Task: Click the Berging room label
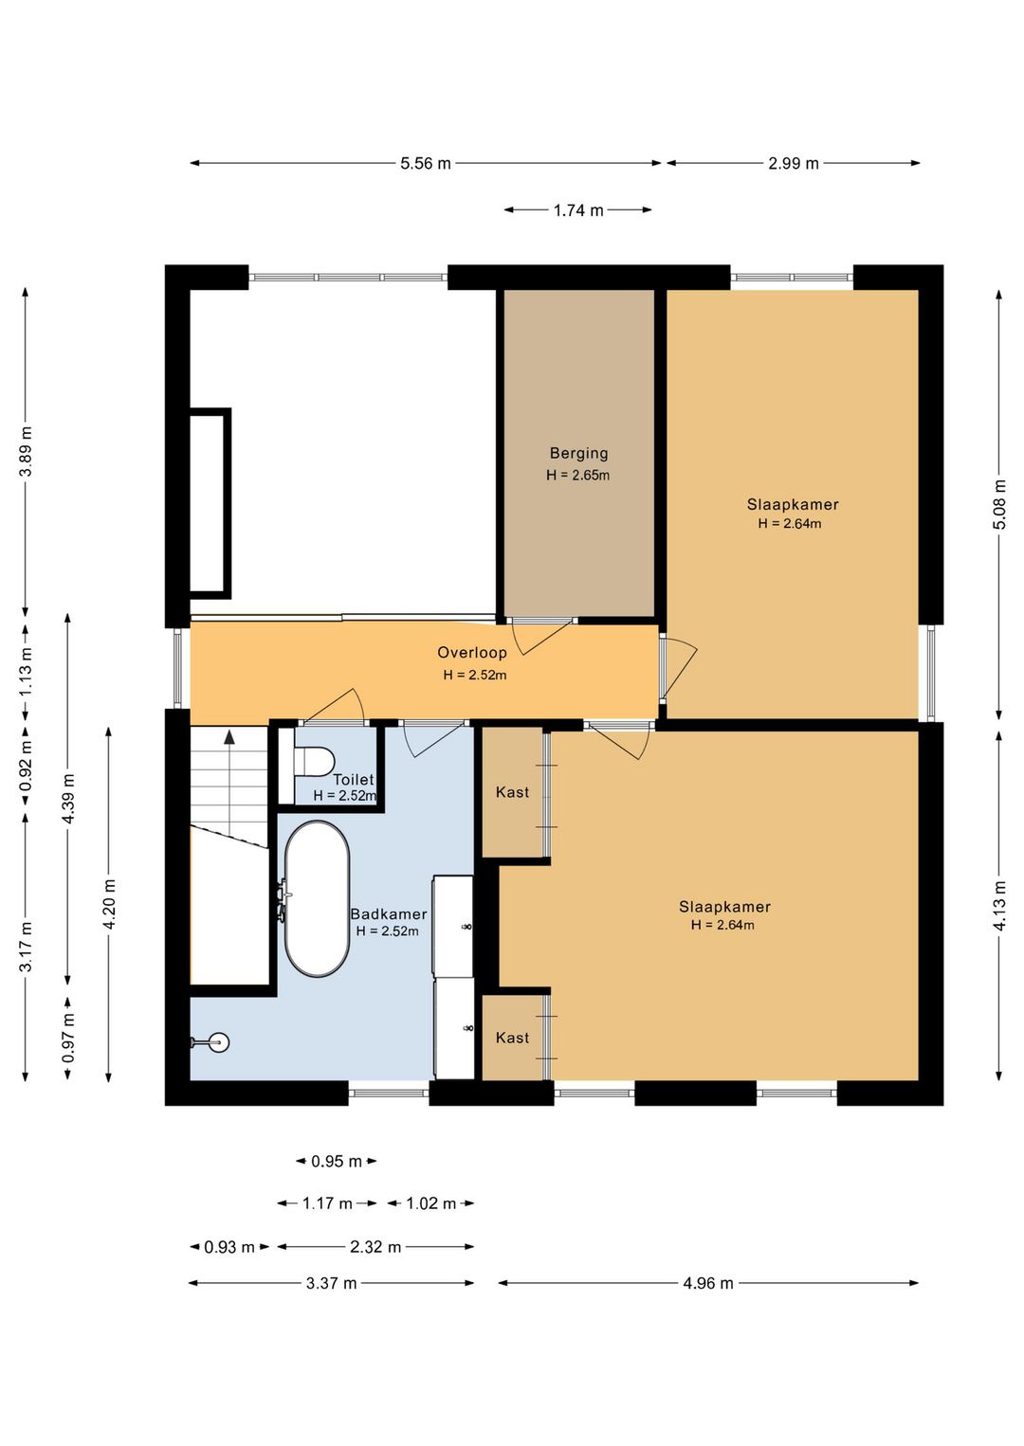pos(579,454)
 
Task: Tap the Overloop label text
pos(472,653)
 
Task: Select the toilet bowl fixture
pos(313,761)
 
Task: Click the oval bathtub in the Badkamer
pos(318,898)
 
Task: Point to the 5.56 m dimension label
pos(426,163)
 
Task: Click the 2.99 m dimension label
pos(794,163)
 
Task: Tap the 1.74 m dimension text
pos(578,209)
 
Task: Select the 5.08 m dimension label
pos(999,504)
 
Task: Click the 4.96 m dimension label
pos(708,1283)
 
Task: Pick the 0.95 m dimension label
pos(337,1162)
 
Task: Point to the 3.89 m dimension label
pos(26,451)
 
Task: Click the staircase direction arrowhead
pos(229,737)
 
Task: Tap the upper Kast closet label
pos(512,792)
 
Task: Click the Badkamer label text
pos(389,914)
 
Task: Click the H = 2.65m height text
pos(578,476)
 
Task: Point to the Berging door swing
pos(541,637)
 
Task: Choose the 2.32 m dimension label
pos(375,1246)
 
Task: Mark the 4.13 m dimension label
pos(999,906)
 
